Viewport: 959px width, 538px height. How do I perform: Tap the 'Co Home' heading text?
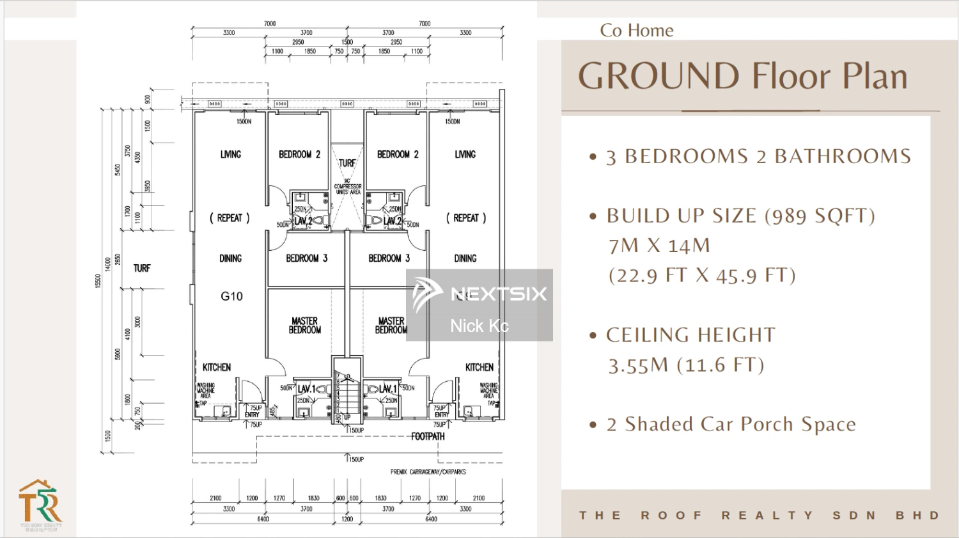[x=636, y=31]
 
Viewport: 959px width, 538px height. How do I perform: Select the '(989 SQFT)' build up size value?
[x=820, y=216]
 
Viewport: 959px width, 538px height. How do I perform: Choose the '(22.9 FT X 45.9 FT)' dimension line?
[x=701, y=276]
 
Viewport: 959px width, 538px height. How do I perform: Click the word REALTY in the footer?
[x=767, y=515]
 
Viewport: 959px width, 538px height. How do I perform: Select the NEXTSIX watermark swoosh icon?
[x=426, y=294]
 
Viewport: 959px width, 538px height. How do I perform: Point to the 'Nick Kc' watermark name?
[x=479, y=326]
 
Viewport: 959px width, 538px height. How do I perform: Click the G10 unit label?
[x=231, y=296]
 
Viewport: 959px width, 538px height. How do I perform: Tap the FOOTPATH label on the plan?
[x=428, y=436]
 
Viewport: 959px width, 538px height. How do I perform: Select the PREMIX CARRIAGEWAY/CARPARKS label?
[x=428, y=472]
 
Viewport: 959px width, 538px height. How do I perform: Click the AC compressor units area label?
[x=347, y=187]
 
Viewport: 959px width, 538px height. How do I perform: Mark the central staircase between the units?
[x=347, y=393]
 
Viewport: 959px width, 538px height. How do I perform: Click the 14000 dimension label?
[x=108, y=265]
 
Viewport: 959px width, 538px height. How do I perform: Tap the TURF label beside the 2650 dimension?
[x=142, y=268]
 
